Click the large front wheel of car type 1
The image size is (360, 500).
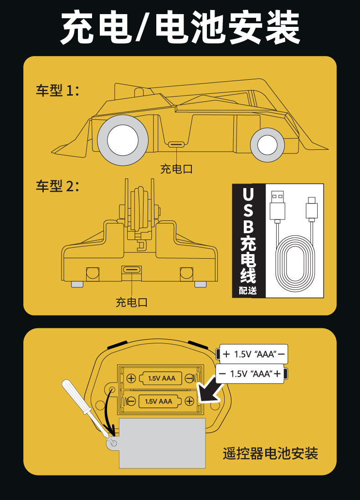pos(122,140)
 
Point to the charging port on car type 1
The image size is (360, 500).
pos(176,144)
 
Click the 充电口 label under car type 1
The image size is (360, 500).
pos(176,169)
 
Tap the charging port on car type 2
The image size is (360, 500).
pos(132,269)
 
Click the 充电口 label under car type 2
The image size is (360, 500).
pos(132,302)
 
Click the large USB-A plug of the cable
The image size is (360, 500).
pos(278,207)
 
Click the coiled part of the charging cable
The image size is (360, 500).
pos(295,264)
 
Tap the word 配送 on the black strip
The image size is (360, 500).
pos(248,291)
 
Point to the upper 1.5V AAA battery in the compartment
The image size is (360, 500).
pos(163,378)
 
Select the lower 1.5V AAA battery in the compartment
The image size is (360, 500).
pos(159,401)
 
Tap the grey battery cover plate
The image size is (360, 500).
pos(162,444)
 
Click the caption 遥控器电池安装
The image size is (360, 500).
pos(270,453)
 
